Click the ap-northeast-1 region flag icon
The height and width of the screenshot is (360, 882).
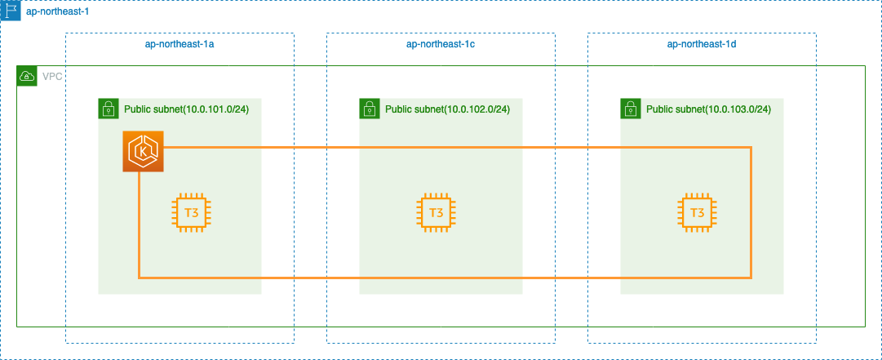(x=11, y=11)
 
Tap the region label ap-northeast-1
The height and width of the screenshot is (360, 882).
(x=57, y=11)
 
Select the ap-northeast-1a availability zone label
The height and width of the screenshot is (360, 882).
(x=180, y=44)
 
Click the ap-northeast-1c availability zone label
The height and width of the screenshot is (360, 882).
(x=441, y=44)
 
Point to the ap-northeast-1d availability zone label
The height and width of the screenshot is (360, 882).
(x=702, y=44)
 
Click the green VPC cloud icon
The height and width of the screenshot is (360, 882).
(x=27, y=76)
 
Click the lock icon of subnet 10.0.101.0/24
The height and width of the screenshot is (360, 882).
(x=109, y=109)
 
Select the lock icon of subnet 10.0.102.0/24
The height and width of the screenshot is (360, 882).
(x=370, y=109)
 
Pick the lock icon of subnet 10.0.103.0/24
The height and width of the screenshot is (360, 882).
(x=631, y=109)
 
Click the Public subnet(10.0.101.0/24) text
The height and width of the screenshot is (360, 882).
(x=186, y=109)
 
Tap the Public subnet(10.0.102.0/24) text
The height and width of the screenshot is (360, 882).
(x=447, y=109)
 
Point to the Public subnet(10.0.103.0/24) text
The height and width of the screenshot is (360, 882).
(x=708, y=109)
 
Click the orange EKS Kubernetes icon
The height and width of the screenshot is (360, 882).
(x=144, y=151)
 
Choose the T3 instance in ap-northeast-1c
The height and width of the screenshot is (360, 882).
(x=436, y=212)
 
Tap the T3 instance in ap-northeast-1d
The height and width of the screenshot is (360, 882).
(x=698, y=212)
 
